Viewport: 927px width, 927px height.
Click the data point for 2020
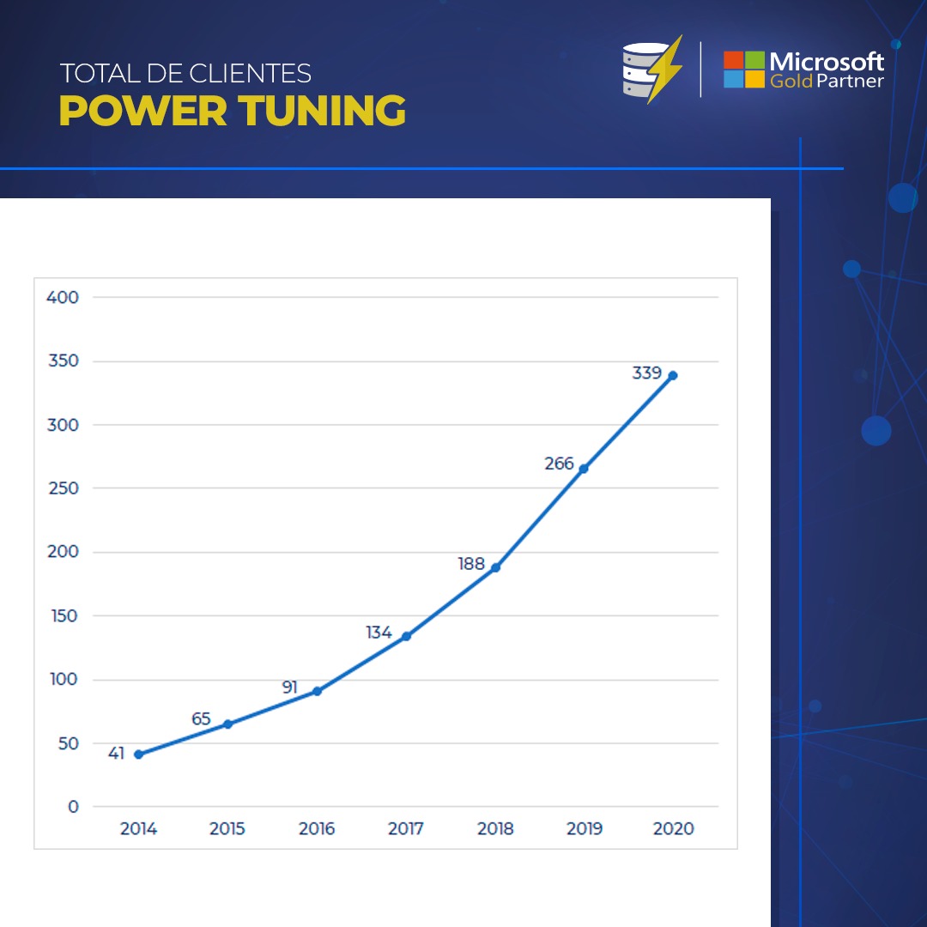673,375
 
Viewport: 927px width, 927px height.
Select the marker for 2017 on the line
406,636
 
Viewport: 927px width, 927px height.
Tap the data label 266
559,463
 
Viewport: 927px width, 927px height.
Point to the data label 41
117,754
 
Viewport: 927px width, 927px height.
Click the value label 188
471,564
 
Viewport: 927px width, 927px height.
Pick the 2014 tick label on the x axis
138,829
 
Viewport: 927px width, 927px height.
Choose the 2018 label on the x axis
495,829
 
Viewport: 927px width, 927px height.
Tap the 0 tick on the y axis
73,807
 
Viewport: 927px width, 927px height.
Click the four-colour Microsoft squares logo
743,70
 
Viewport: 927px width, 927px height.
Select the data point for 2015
227,724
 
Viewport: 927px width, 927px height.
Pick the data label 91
289,688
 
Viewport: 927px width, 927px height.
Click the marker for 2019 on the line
584,469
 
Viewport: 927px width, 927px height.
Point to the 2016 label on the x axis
317,829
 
